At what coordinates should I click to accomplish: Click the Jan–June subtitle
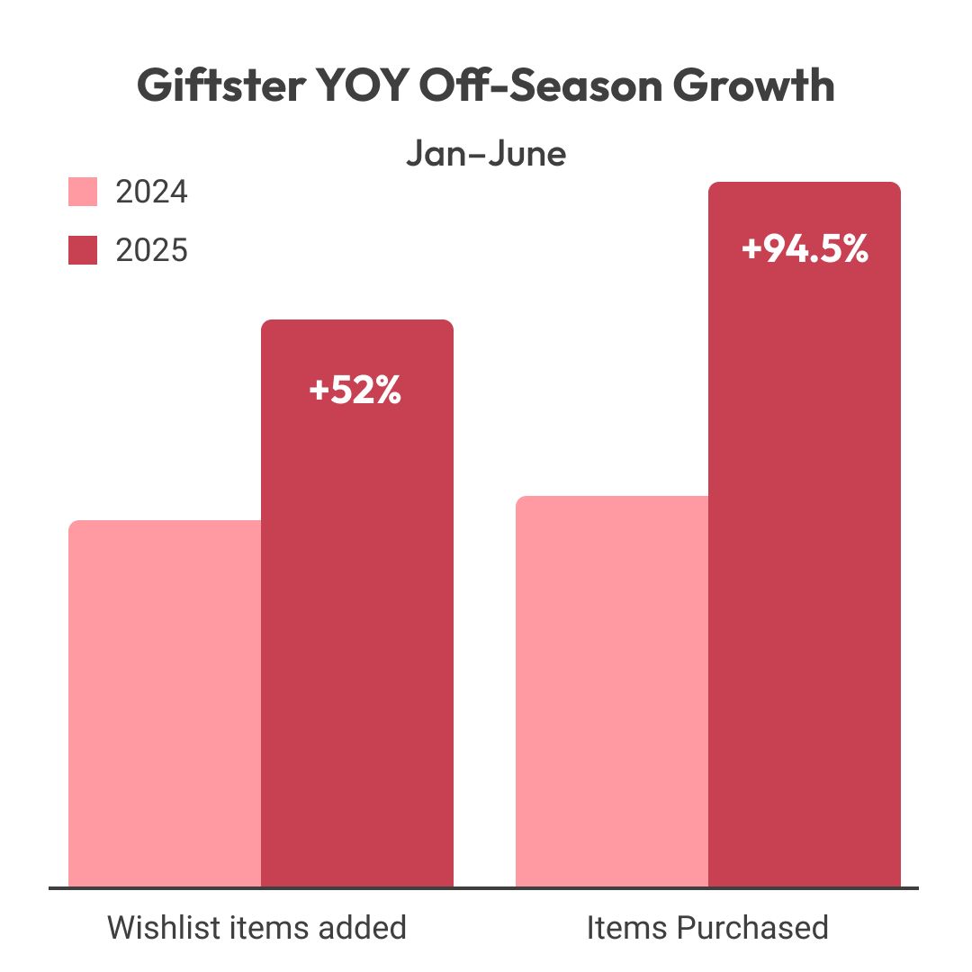point(486,154)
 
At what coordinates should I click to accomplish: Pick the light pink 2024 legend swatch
point(83,193)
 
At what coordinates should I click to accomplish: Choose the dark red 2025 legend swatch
point(83,250)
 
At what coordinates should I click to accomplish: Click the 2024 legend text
point(151,193)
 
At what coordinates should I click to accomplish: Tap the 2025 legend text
point(151,250)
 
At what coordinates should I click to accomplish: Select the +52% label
point(355,391)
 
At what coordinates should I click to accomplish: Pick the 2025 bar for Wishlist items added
point(357,630)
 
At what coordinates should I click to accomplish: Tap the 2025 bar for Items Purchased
point(805,558)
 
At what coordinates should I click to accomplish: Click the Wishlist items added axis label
point(257,928)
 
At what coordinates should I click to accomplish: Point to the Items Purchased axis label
point(707,928)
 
